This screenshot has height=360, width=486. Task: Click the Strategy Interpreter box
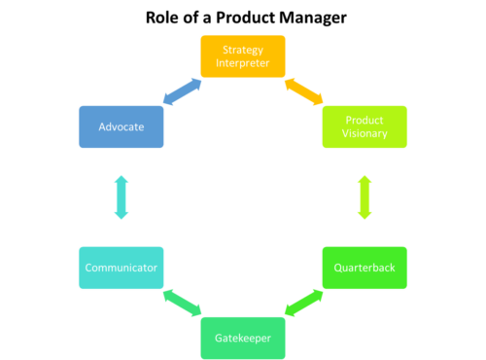243,56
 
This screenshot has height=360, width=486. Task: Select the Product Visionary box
364,126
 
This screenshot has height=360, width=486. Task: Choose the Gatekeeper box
243,339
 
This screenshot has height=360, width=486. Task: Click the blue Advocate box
121,126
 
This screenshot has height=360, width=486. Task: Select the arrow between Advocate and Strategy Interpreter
182,91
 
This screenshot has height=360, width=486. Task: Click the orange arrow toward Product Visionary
304,91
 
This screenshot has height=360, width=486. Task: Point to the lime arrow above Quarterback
364,197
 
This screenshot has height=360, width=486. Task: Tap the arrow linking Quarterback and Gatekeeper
304,303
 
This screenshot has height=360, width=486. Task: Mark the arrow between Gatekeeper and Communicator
182,303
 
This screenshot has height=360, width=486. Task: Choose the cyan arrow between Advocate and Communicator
121,197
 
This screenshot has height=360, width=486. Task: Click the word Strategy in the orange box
243,50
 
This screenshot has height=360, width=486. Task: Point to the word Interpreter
243,63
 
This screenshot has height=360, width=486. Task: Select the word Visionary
364,133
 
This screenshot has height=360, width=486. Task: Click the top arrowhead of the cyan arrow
121,180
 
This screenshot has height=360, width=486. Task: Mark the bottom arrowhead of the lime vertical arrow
364,213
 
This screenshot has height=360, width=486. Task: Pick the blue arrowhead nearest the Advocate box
166,100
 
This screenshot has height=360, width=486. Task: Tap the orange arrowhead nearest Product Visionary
319,100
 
